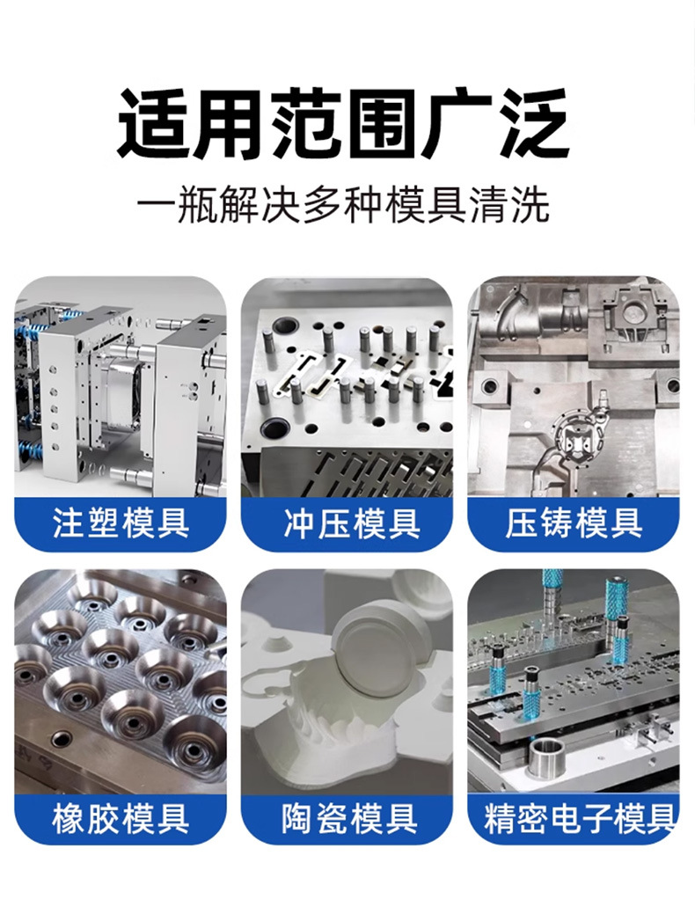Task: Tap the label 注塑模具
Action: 121,523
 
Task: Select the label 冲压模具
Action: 347,523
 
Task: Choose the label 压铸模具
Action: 573,523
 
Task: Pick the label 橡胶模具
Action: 121,820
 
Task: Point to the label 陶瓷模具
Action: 347,820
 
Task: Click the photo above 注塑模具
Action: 121,387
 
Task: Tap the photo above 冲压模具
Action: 347,387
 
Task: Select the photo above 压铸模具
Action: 573,387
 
